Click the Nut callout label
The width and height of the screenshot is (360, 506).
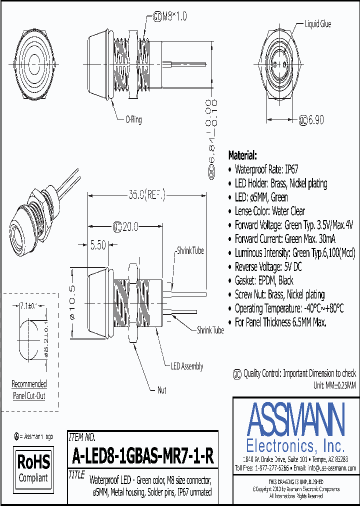(161, 390)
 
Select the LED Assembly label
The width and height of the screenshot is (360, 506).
(186, 366)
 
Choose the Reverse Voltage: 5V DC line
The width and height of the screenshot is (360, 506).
(268, 266)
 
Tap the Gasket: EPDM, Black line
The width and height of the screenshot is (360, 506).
(264, 280)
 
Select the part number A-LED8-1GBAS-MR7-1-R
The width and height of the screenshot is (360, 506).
(143, 456)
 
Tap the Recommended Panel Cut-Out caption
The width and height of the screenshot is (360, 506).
(29, 390)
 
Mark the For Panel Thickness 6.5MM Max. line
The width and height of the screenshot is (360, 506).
(280, 322)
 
